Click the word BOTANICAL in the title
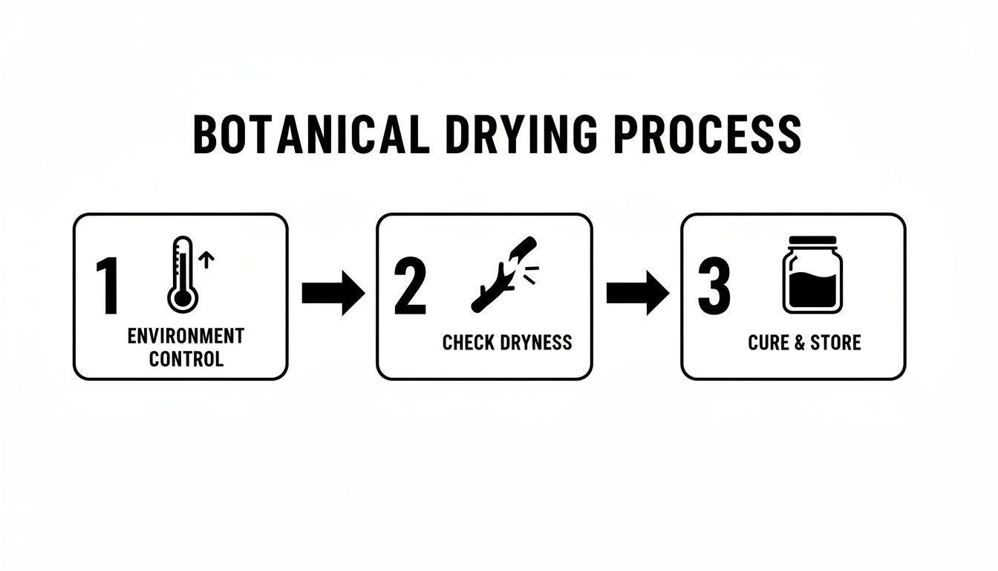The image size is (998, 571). click(310, 135)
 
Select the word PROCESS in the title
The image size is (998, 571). click(710, 135)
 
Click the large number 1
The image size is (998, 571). click(108, 287)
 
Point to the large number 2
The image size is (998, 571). click(410, 287)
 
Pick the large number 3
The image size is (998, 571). click(714, 287)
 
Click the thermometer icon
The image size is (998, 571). click(182, 274)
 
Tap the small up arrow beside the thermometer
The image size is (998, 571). click(208, 259)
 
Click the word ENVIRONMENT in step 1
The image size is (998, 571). click(186, 335)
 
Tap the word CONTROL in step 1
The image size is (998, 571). click(186, 359)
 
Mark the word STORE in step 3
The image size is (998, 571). click(835, 343)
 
